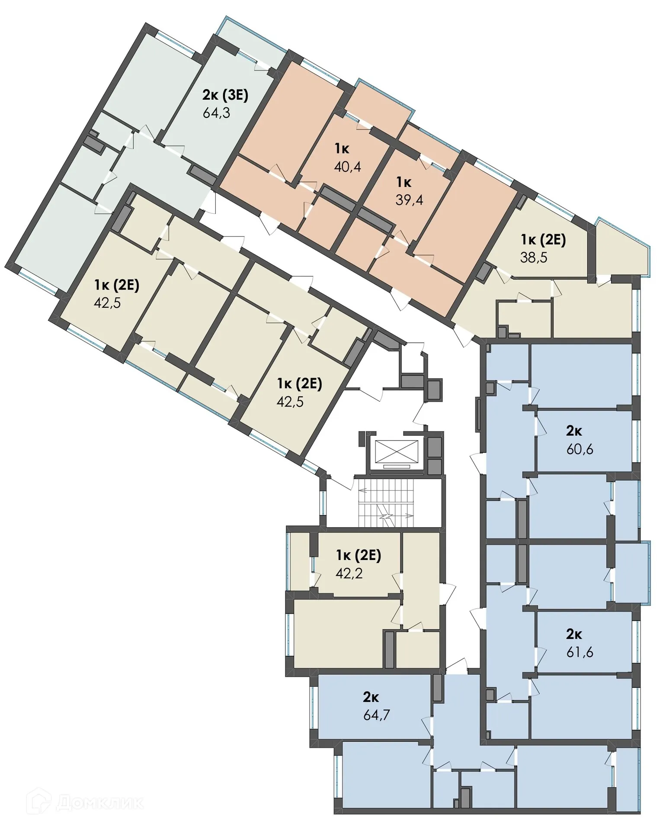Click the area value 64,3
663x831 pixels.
tap(216, 113)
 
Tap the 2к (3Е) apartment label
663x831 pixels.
tap(225, 95)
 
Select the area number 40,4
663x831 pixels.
tap(347, 166)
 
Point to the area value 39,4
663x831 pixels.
tap(409, 200)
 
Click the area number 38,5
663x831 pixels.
tap(533, 258)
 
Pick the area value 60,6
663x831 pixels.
tap(580, 449)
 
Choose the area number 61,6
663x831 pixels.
tap(580, 652)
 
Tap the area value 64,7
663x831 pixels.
tap(377, 715)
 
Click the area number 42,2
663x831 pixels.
tap(349, 573)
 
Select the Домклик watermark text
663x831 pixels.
tap(99, 803)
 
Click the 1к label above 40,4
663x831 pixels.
tap(342, 149)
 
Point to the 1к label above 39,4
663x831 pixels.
tap(404, 182)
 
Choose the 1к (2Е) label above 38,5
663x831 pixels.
tap(543, 239)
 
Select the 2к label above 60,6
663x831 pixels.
tap(574, 431)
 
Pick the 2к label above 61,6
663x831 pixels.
tap(574, 634)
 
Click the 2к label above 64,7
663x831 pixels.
tap(371, 697)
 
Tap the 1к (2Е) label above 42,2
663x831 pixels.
tap(359, 555)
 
